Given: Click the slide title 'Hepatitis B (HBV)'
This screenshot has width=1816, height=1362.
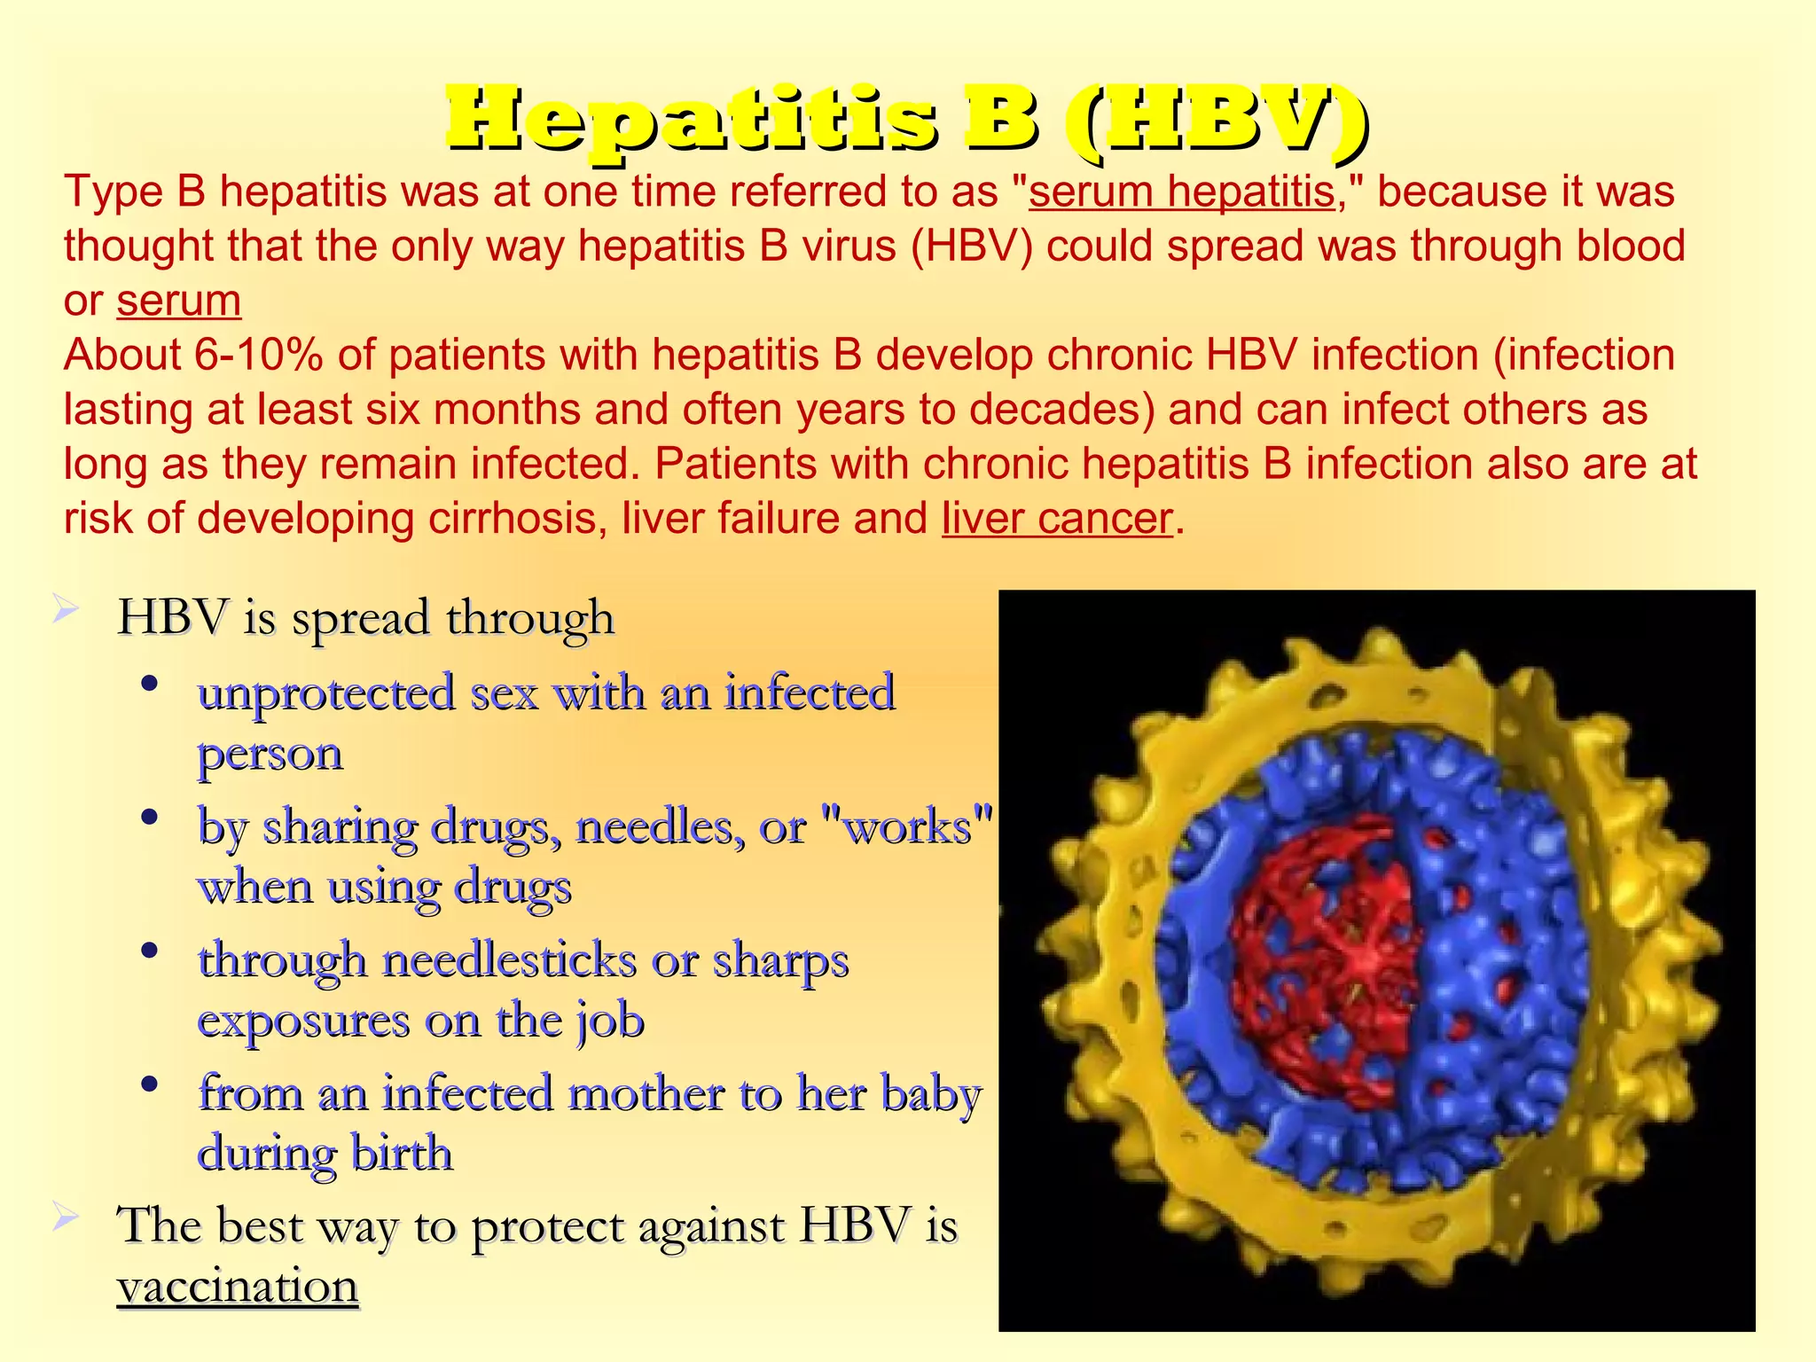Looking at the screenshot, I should click(906, 119).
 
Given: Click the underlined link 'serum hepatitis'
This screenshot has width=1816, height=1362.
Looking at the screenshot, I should click(1181, 192).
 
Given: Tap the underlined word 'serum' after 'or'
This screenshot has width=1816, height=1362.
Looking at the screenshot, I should click(179, 301).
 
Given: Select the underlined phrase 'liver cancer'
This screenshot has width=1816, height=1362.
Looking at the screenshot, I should click(1057, 519).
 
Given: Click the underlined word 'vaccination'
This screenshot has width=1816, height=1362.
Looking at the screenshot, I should click(238, 1286).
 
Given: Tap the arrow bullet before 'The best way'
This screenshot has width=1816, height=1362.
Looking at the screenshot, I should click(67, 1217).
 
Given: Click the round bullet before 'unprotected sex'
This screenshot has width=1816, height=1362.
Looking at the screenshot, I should click(150, 684).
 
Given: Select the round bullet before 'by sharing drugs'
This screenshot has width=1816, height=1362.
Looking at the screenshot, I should click(150, 817).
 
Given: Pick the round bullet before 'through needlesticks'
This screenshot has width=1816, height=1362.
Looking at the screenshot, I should click(150, 951).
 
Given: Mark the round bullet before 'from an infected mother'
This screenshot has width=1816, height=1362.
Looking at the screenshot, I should click(150, 1084).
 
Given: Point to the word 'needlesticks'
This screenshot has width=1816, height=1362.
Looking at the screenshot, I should click(509, 960).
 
